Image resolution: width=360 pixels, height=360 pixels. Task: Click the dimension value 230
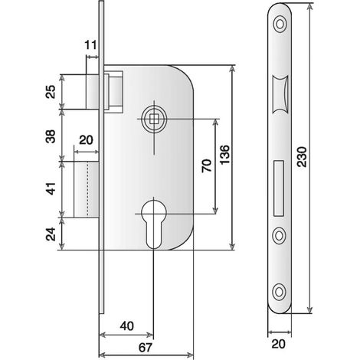(303, 157)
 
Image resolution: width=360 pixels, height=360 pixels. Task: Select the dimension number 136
(224, 155)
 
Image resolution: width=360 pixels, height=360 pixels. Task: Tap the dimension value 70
(207, 165)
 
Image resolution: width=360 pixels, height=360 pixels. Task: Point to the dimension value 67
(146, 348)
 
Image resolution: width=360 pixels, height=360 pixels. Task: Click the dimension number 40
(127, 326)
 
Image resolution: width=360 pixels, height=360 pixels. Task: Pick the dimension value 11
(90, 45)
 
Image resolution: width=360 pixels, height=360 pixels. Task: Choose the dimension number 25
(51, 92)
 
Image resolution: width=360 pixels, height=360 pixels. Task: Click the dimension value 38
(51, 136)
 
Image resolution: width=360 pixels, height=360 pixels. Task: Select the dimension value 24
(51, 234)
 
